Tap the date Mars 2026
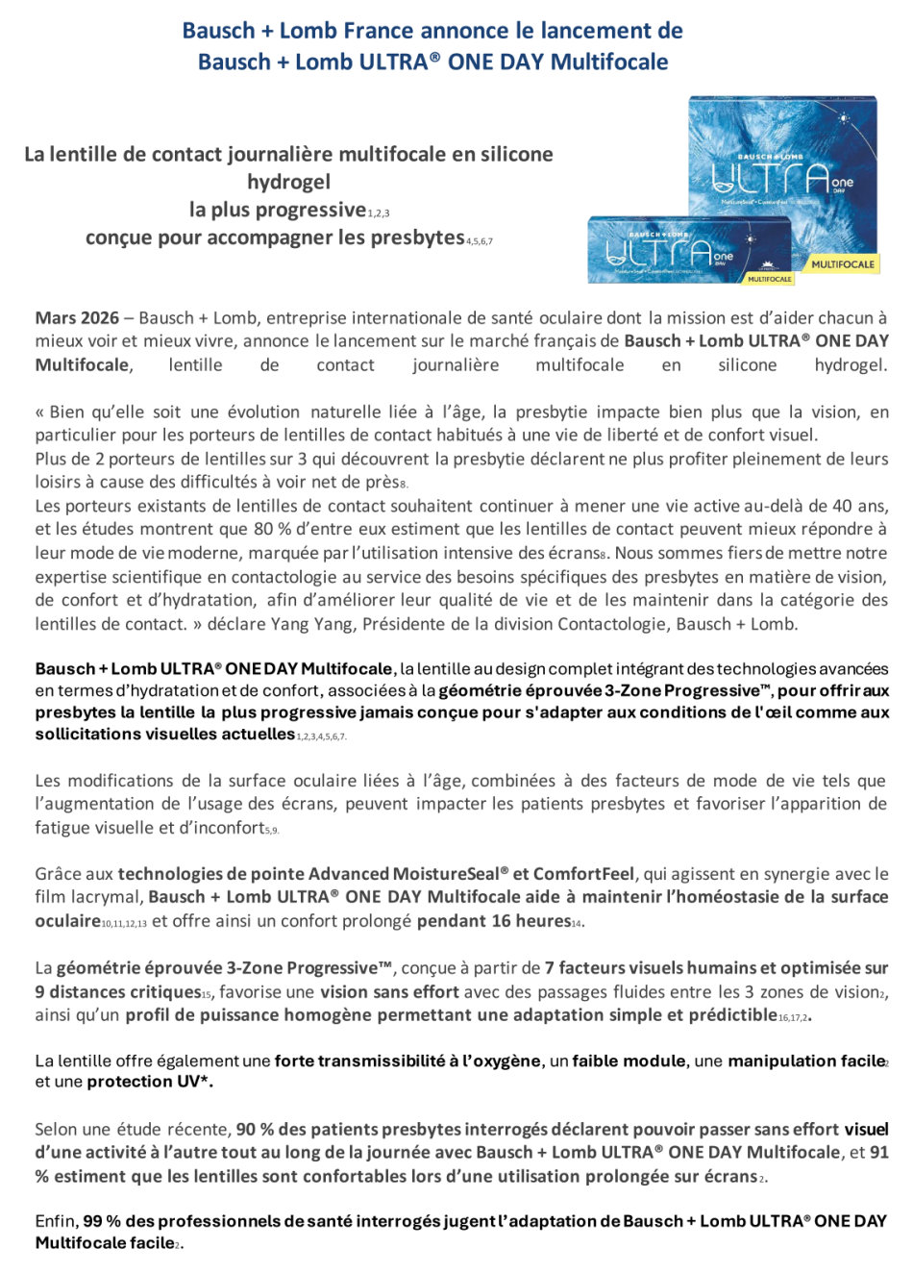pos(77,318)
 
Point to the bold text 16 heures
pos(531,921)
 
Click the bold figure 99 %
pos(102,1221)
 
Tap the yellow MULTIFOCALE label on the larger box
pos(843,263)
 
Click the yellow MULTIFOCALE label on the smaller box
pos(769,279)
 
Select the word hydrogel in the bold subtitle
pos(288,182)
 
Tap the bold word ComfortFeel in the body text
pos(583,874)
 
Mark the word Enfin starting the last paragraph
pos(57,1221)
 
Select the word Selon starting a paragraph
pos(57,1129)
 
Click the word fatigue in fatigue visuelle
pos(66,828)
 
